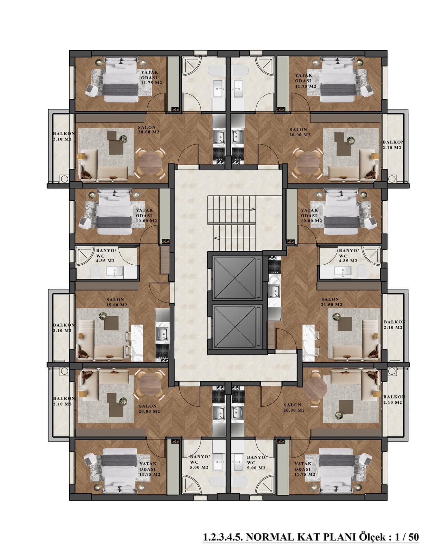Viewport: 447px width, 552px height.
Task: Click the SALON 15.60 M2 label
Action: point(117,302)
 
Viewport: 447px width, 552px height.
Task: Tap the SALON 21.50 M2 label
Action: point(331,302)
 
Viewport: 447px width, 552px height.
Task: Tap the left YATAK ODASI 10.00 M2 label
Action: point(146,216)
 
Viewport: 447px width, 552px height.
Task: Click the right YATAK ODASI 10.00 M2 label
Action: point(311,216)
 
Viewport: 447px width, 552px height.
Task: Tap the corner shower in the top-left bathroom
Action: point(192,66)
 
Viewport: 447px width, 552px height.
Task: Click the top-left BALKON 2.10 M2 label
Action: point(64,136)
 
